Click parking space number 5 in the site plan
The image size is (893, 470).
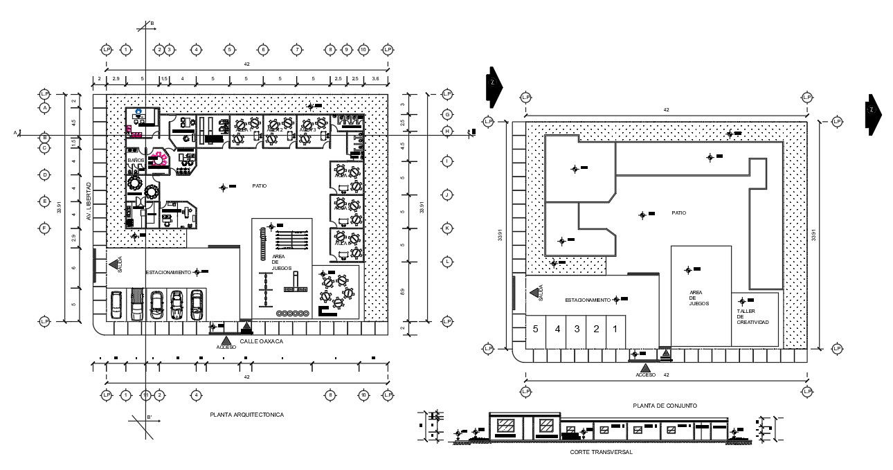(535, 329)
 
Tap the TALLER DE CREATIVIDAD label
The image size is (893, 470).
(752, 317)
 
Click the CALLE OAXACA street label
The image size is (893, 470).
(262, 342)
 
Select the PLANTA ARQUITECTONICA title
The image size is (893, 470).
(247, 415)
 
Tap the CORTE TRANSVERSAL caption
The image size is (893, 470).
(601, 452)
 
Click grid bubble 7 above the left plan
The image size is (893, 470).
(296, 50)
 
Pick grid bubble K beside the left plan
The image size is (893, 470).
(447, 228)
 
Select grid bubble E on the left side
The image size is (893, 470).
(45, 201)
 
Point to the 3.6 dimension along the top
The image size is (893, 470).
(375, 79)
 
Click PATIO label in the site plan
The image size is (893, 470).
(678, 213)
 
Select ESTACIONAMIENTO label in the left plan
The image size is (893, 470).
(168, 273)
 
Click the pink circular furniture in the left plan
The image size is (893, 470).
(160, 159)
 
